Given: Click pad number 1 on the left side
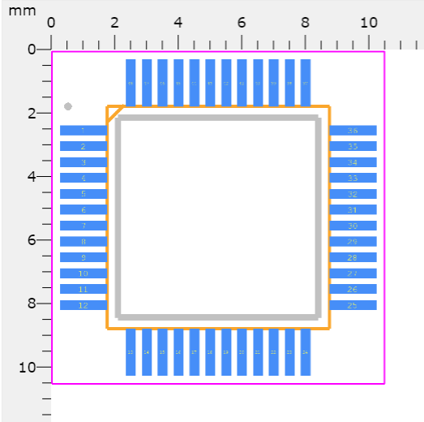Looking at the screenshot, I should [84, 131].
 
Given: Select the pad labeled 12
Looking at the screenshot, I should [84, 305].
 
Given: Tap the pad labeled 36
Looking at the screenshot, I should [353, 131].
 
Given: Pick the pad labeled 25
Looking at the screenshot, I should [353, 305].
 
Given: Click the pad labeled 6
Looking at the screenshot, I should [84, 210].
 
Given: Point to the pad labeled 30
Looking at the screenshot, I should [353, 226].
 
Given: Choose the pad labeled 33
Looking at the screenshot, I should [353, 178].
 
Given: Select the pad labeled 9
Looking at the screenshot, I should [84, 257].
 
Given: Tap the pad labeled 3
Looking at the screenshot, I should [84, 162].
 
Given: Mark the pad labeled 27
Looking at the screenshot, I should [353, 273].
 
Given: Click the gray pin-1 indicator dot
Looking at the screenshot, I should [68, 106].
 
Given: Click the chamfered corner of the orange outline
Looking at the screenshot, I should [114, 114].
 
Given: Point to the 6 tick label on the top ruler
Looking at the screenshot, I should [242, 23].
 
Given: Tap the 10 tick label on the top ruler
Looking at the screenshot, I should [369, 23].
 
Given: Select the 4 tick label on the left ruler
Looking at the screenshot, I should [33, 176].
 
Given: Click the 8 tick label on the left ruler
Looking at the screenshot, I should [33, 304].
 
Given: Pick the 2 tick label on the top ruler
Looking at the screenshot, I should [114, 23].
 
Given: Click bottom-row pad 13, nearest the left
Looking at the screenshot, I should [131, 351].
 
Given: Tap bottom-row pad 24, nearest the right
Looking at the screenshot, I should [306, 351].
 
